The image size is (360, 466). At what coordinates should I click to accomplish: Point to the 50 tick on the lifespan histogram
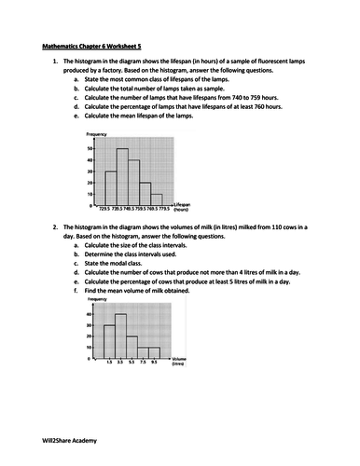(90, 149)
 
